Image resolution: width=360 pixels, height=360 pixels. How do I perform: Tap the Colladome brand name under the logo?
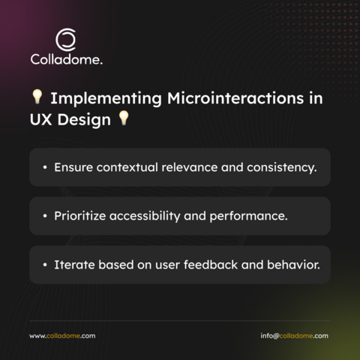[66, 59]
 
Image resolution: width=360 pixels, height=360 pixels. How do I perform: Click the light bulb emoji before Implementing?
[37, 97]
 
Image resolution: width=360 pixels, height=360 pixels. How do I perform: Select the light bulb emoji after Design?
[124, 118]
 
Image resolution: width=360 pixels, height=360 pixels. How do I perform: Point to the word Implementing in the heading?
[106, 99]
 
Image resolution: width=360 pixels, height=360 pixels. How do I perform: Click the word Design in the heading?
[84, 120]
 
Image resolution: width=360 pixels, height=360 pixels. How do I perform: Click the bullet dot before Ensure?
[45, 167]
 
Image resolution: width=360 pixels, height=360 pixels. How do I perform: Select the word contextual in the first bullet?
[127, 167]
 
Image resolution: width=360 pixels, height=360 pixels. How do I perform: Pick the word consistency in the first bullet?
[282, 168]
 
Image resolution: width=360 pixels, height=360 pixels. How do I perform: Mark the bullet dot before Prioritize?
[45, 216]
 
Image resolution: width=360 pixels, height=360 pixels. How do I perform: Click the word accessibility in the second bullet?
[145, 216]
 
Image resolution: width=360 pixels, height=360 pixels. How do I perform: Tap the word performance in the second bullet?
[248, 217]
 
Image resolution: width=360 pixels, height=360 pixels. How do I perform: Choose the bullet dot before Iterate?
[45, 265]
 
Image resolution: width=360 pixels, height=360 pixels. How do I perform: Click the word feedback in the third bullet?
[211, 265]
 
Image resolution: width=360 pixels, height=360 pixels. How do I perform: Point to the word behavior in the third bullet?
[293, 265]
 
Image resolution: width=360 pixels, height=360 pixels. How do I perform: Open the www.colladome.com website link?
[62, 336]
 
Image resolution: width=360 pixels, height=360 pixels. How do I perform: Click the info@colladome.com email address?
[294, 336]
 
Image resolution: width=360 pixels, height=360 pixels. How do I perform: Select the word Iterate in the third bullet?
[74, 265]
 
